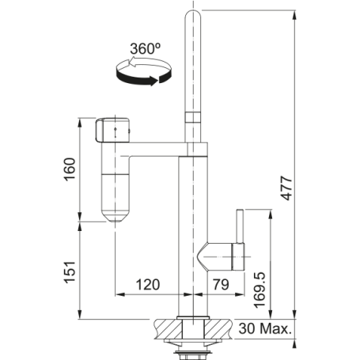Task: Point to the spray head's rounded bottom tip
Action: (x=116, y=218)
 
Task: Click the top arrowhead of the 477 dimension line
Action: (x=295, y=11)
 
